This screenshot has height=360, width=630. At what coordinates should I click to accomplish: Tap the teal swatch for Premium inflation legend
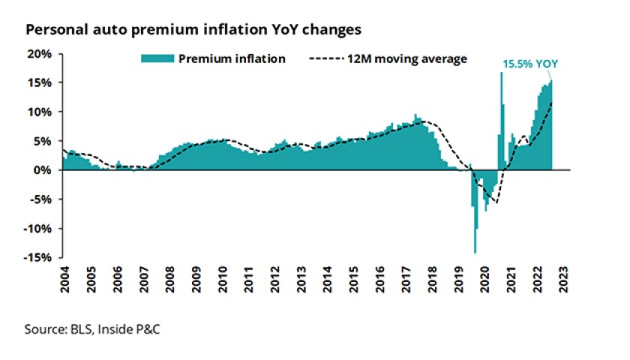coord(157,58)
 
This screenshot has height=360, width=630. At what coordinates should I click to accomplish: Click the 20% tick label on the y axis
coord(40,54)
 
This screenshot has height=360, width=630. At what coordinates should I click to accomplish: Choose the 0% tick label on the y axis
coord(43,170)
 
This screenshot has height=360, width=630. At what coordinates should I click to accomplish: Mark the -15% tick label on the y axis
coord(38,257)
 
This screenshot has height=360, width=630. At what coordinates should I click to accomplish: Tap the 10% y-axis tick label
coord(40,112)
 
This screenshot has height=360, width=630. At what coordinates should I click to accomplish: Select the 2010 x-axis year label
coord(223,277)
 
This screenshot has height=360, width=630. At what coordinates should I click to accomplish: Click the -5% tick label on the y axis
coord(41,199)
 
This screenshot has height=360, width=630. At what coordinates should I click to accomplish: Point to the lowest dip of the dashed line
coord(495,202)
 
